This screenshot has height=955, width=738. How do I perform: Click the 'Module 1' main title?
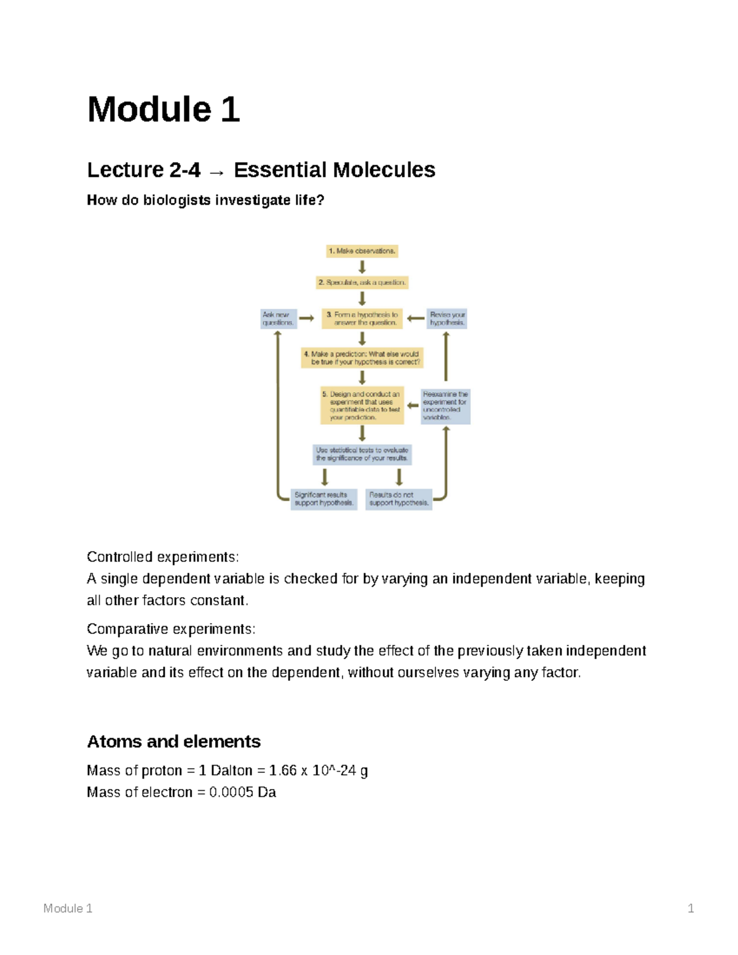coord(164,109)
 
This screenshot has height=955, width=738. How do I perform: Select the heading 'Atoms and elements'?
coord(173,742)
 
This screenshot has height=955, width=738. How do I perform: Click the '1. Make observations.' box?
coord(362,251)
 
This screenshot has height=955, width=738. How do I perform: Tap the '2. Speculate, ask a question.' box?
coord(362,283)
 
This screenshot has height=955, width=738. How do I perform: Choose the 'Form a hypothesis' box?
coord(362,319)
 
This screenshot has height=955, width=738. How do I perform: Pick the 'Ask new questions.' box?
coord(278,319)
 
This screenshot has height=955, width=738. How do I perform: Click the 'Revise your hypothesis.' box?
coord(447,319)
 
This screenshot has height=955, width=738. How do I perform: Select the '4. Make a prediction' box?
coord(362,358)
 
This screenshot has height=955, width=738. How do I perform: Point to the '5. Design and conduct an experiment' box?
coord(362,406)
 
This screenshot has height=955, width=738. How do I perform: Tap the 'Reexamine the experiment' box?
coord(445,406)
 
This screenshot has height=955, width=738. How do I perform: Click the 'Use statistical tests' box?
coord(362,454)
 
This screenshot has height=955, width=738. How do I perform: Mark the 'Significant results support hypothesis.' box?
coord(323,499)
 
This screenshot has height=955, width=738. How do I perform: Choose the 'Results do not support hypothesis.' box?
coord(399,499)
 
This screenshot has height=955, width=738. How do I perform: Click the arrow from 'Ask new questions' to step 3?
coord(306,319)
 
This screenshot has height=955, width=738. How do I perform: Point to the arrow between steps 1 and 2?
coord(362,267)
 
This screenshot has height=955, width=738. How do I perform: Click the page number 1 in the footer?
coord(691,908)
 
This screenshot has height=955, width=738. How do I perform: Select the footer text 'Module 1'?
coord(68,908)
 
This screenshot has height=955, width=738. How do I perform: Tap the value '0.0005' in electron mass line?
coord(231,792)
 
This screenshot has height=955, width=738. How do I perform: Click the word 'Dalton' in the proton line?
coord(231,771)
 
